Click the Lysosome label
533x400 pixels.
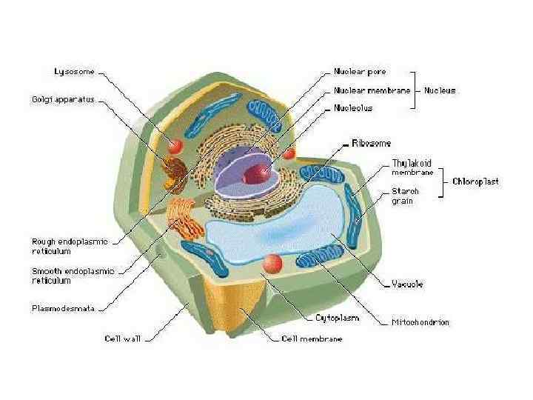(75, 72)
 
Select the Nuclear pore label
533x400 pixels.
(360, 72)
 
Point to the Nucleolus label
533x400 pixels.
(353, 108)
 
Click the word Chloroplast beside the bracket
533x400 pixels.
(475, 181)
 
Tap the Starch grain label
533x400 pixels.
(405, 196)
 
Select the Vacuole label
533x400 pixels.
(407, 284)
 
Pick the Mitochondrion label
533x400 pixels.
(420, 322)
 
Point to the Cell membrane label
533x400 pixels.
(312, 339)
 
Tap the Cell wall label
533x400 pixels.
(123, 339)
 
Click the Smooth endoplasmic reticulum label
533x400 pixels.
(73, 276)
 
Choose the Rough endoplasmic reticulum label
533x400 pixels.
(70, 245)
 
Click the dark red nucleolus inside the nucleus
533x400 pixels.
(253, 175)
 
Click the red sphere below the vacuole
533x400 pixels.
(272, 262)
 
